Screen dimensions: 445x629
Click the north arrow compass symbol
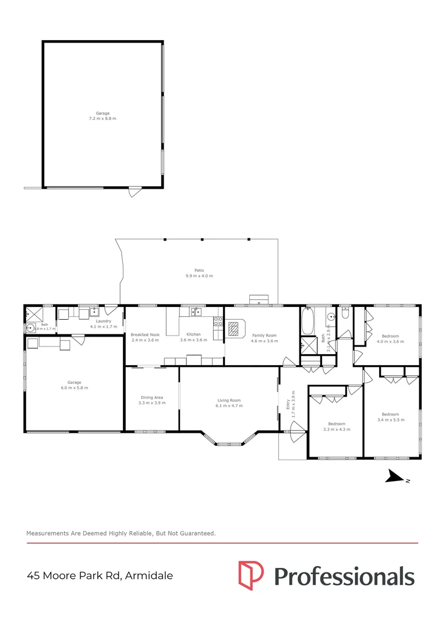(x=395, y=476)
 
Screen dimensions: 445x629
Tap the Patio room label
(x=199, y=270)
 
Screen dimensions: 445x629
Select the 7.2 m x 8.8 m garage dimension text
(x=103, y=119)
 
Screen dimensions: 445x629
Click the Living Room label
(x=229, y=400)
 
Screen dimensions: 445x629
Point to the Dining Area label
(x=152, y=398)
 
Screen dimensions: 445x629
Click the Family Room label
(x=264, y=335)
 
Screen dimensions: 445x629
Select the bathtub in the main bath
(x=308, y=321)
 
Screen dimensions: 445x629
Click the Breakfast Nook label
(x=145, y=334)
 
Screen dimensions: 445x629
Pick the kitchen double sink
(x=196, y=312)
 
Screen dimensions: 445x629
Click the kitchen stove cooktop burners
(x=218, y=321)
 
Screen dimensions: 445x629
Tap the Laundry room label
(x=104, y=321)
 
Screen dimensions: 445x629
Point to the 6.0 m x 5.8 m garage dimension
(x=75, y=388)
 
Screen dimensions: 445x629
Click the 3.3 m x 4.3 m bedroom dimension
(x=337, y=429)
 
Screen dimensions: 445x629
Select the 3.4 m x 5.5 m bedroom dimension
(x=391, y=420)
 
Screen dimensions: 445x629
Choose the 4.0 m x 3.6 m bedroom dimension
(x=390, y=342)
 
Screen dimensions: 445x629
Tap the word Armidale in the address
(x=149, y=575)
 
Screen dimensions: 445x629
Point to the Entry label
(x=288, y=405)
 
